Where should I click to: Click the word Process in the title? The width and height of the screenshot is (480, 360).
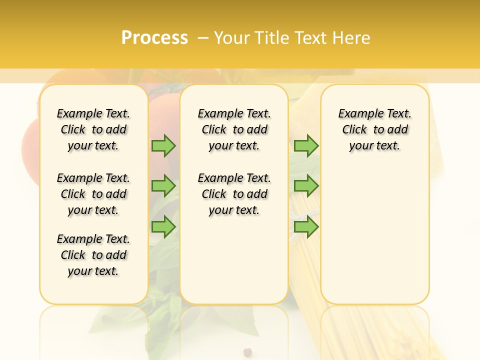(154, 38)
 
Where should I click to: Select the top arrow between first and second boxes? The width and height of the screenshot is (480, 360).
(163, 145)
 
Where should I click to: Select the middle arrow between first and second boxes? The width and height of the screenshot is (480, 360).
(163, 186)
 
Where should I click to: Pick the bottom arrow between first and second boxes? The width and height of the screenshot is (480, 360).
(163, 226)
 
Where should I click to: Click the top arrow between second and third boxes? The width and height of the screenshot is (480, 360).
(306, 145)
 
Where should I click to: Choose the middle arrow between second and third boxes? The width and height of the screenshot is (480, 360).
(306, 186)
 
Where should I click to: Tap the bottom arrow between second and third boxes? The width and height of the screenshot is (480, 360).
(306, 226)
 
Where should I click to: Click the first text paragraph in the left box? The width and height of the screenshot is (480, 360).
(93, 129)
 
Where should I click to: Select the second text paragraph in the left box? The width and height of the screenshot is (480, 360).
(93, 194)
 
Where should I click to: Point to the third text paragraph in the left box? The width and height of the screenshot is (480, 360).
(93, 255)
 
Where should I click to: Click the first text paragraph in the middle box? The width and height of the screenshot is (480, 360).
(234, 129)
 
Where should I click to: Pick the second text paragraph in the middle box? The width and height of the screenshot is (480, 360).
(234, 194)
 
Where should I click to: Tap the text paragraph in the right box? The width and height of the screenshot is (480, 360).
(375, 129)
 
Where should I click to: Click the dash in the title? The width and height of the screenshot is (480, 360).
(203, 38)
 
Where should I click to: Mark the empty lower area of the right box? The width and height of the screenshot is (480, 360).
(375, 235)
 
